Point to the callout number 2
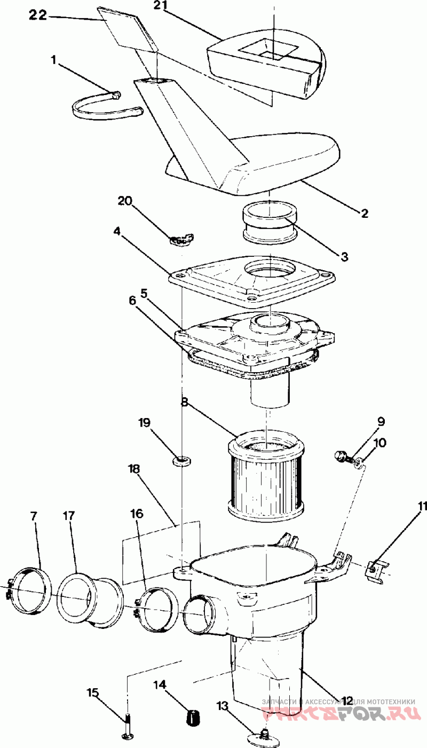(365, 214)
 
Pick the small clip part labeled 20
(182, 240)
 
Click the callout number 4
(117, 232)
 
